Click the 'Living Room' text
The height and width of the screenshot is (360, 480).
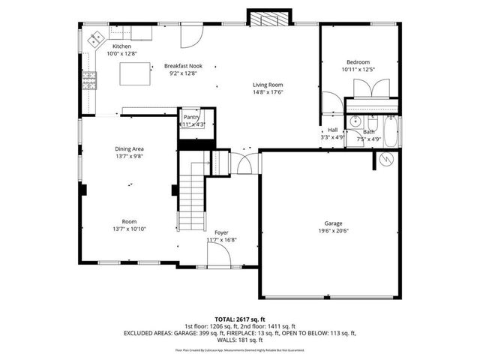[x=267, y=85]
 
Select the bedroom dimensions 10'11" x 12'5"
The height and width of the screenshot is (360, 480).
[x=358, y=69]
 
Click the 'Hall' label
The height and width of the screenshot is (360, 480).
[x=332, y=130]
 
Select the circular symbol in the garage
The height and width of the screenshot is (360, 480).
[x=386, y=160]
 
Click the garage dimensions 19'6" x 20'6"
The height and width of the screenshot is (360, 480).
[x=333, y=231]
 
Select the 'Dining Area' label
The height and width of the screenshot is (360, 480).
[x=129, y=148]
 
